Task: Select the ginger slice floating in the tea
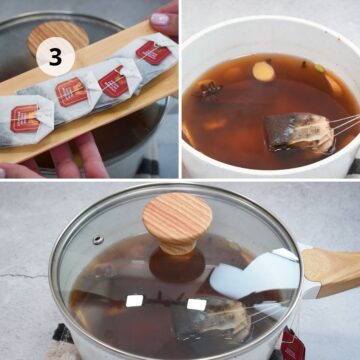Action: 264,72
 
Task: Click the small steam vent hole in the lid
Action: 97,240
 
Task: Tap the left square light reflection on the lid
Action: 133,301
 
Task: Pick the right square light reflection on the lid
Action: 195,303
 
